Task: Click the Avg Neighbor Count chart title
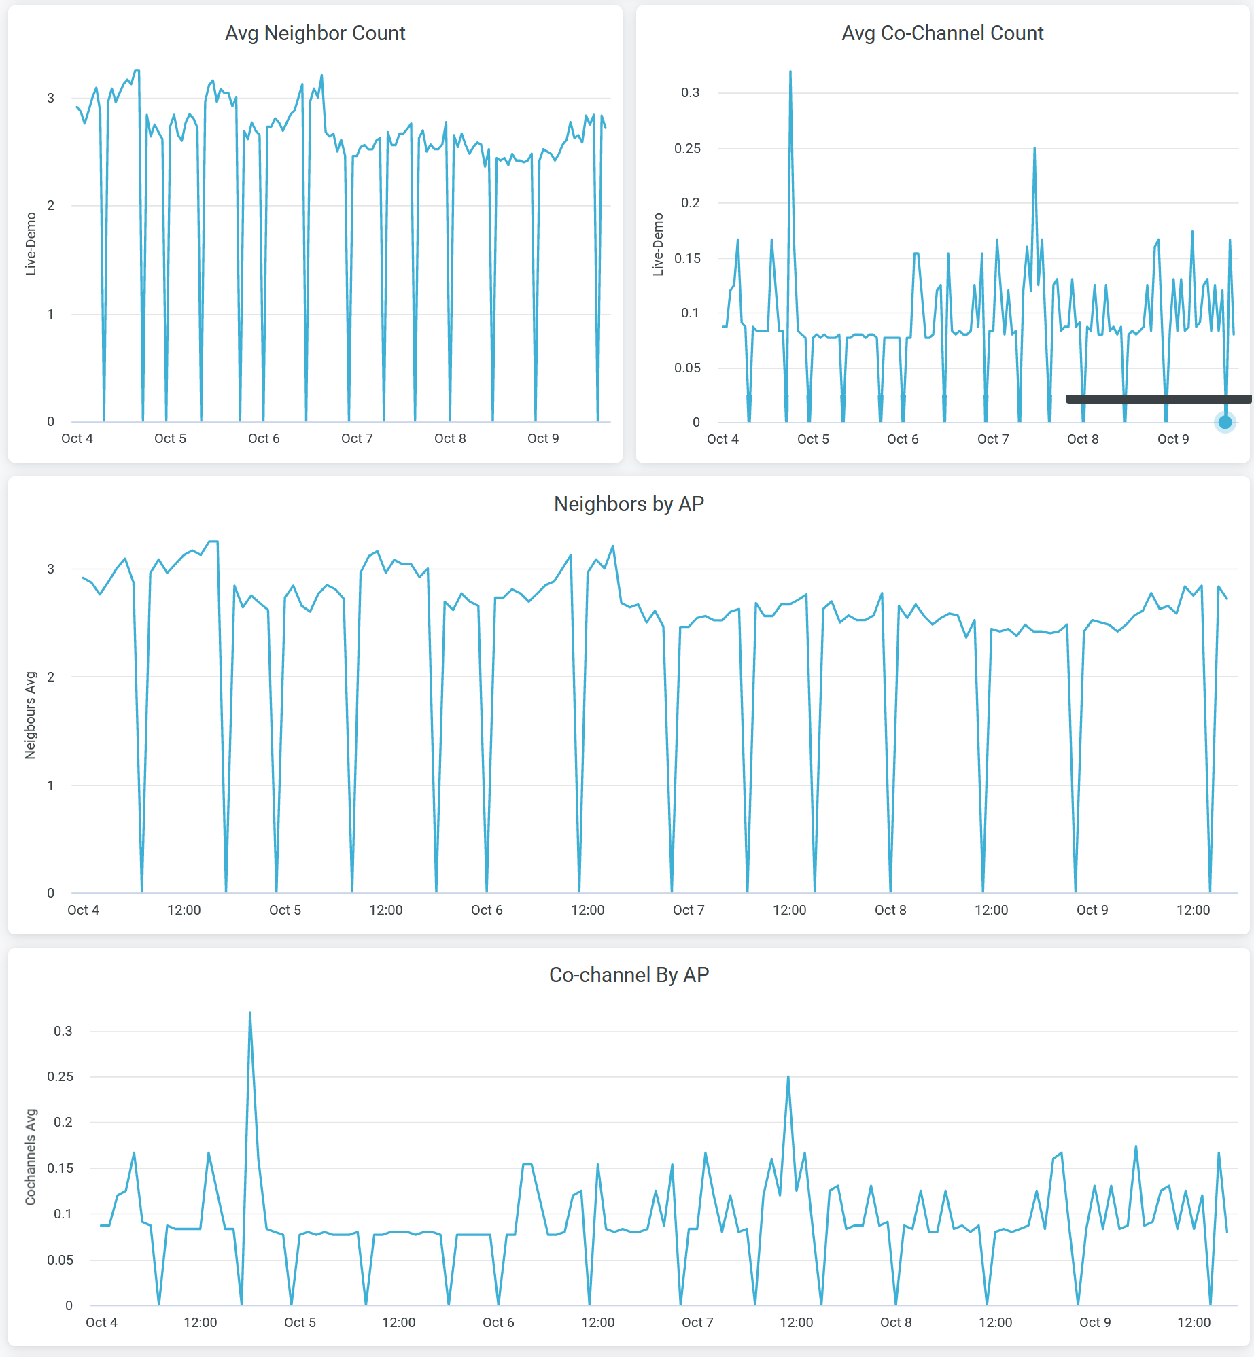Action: tap(315, 33)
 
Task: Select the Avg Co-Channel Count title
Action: tap(942, 33)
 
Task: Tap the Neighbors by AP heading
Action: tap(629, 504)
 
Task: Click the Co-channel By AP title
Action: tap(629, 975)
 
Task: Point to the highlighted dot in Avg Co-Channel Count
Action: tap(1225, 422)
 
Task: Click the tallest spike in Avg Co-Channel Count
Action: tap(790, 71)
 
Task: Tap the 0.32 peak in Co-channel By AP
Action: tap(250, 1013)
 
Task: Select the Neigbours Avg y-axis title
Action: tap(31, 715)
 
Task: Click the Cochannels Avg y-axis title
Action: tap(31, 1157)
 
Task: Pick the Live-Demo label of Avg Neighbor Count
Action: tap(31, 244)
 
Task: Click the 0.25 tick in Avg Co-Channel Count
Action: tap(687, 148)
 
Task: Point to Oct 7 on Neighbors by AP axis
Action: tap(689, 910)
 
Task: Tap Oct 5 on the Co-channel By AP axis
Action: tap(300, 1322)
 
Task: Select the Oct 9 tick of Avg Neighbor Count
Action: tap(543, 438)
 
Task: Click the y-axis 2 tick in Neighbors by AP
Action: tap(50, 677)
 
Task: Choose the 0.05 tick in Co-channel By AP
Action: tap(60, 1260)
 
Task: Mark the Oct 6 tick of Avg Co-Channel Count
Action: tap(903, 439)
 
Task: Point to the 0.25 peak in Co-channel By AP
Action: tap(788, 1077)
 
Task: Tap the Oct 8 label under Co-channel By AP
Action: tap(896, 1322)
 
